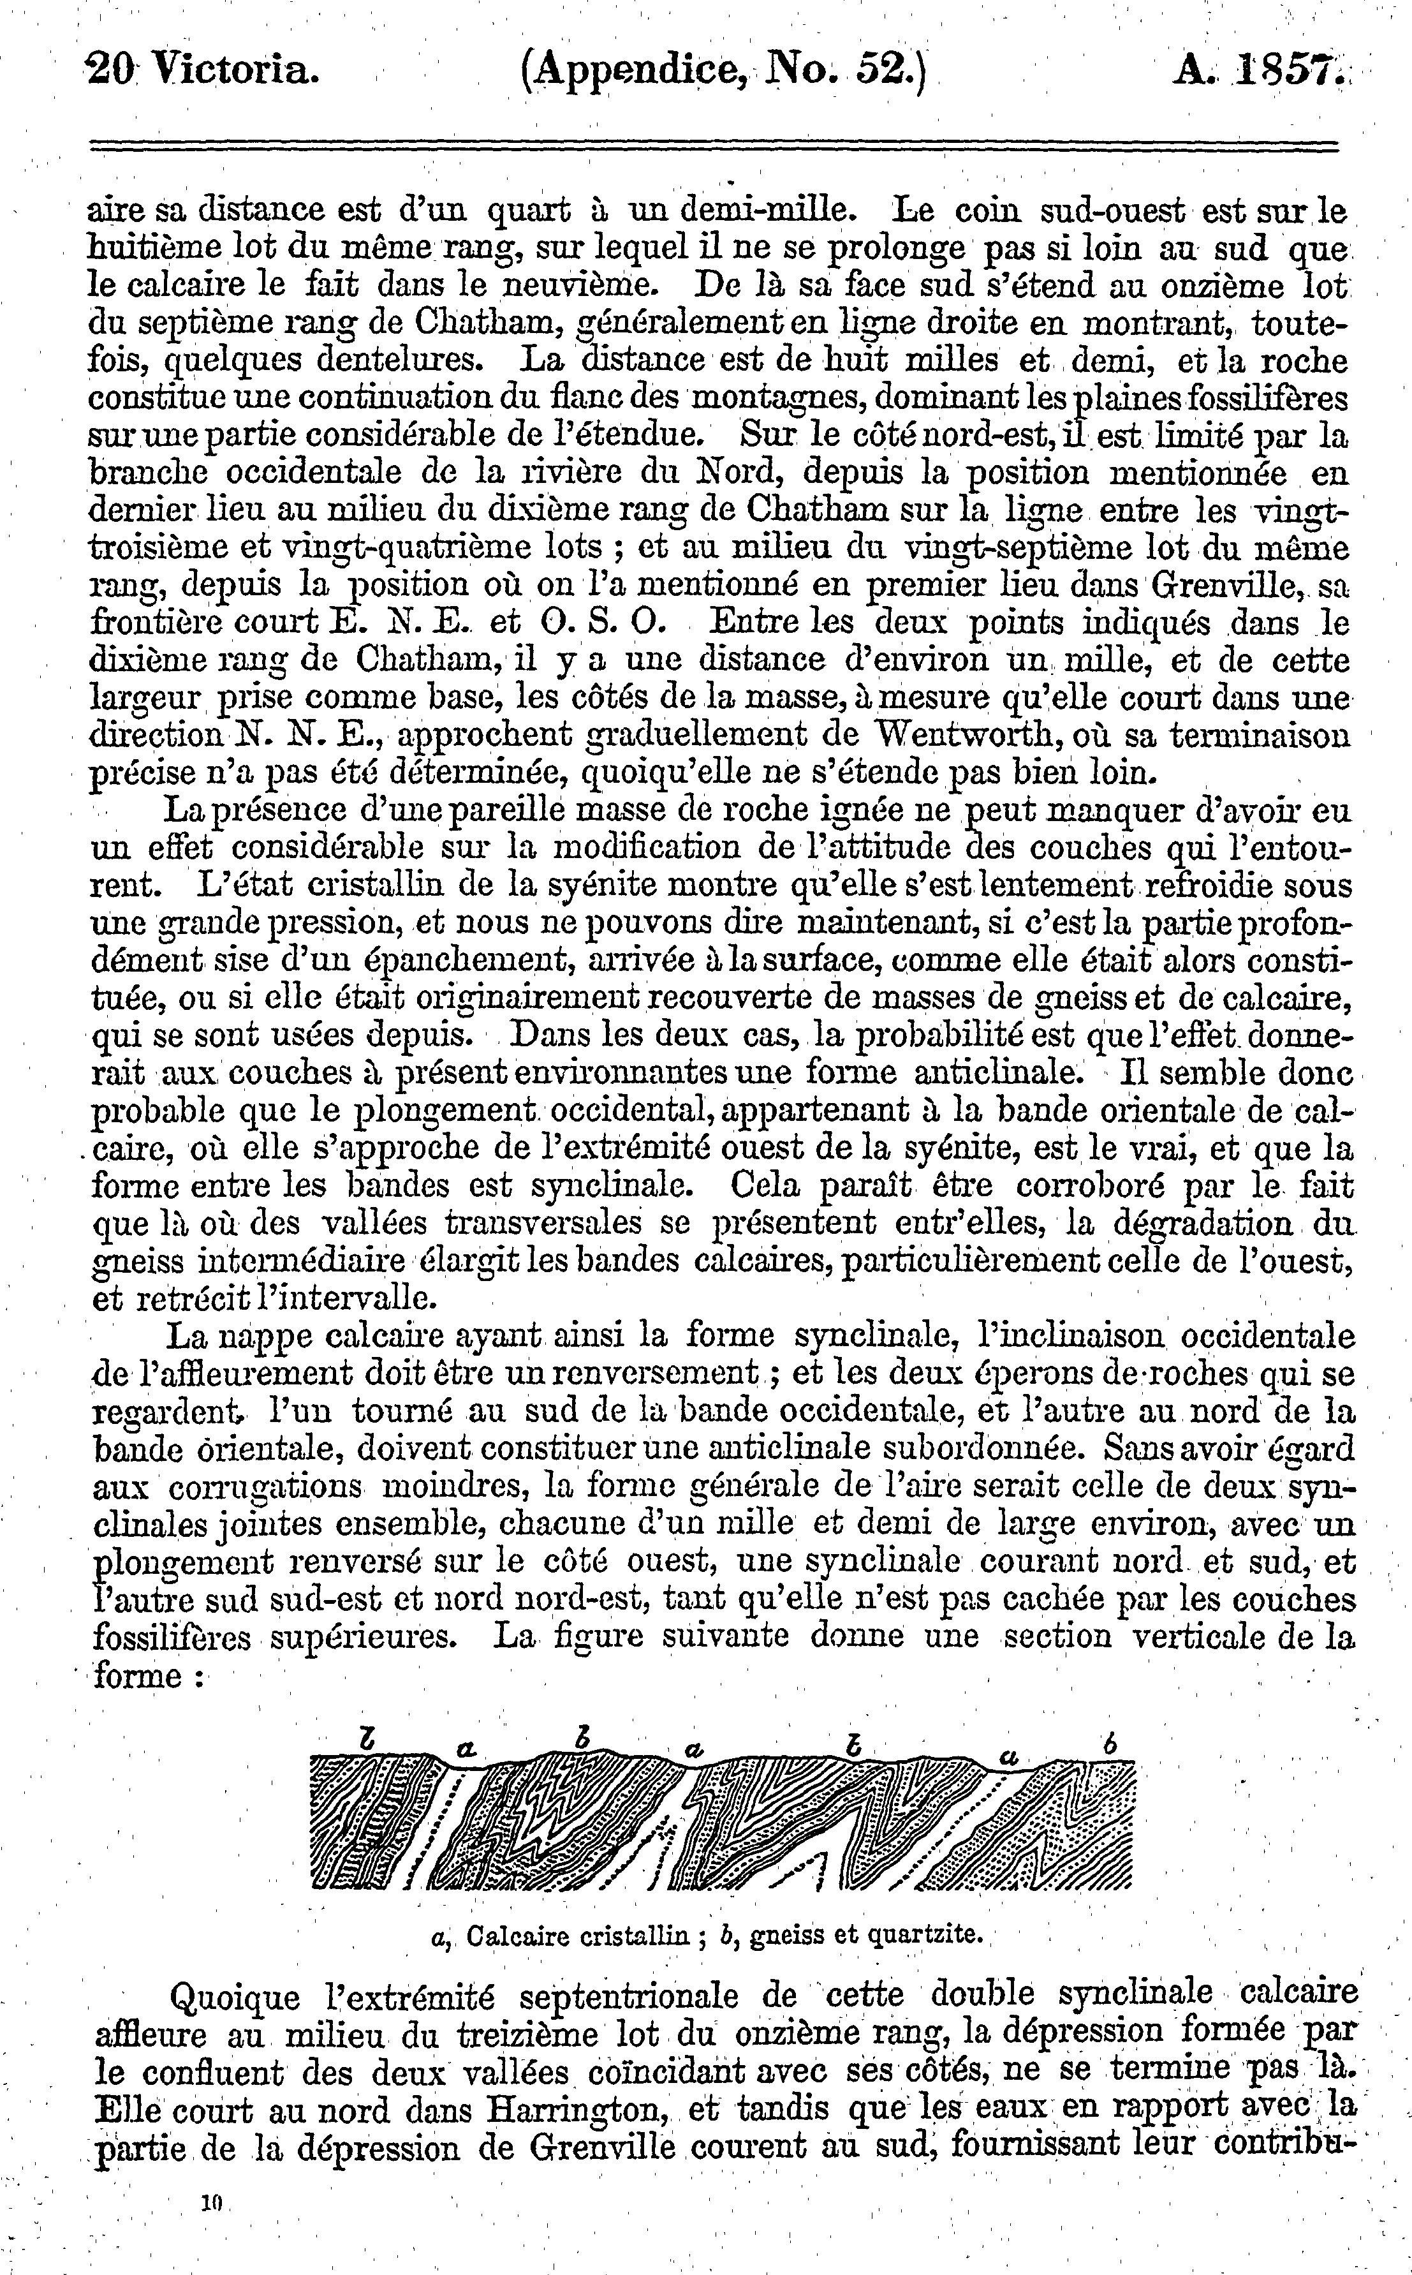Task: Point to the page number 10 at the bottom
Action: coord(215,2202)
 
